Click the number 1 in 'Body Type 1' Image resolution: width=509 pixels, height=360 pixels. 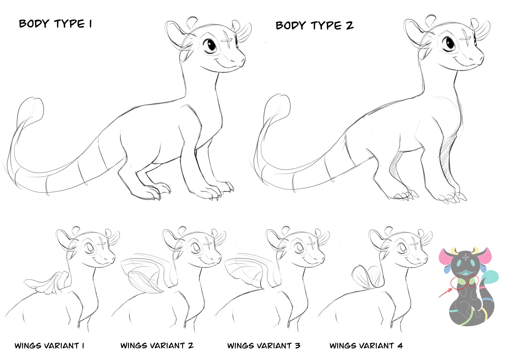click(90, 24)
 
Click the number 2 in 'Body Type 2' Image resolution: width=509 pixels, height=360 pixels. click(349, 25)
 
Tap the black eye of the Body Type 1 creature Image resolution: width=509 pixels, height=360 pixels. click(211, 45)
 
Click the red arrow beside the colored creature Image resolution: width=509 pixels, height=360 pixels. click(445, 293)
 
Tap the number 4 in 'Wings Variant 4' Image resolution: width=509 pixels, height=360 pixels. click(400, 345)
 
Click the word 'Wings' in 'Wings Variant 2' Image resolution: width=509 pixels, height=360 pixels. click(134, 345)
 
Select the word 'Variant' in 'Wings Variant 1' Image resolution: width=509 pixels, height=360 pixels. click(62, 345)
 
